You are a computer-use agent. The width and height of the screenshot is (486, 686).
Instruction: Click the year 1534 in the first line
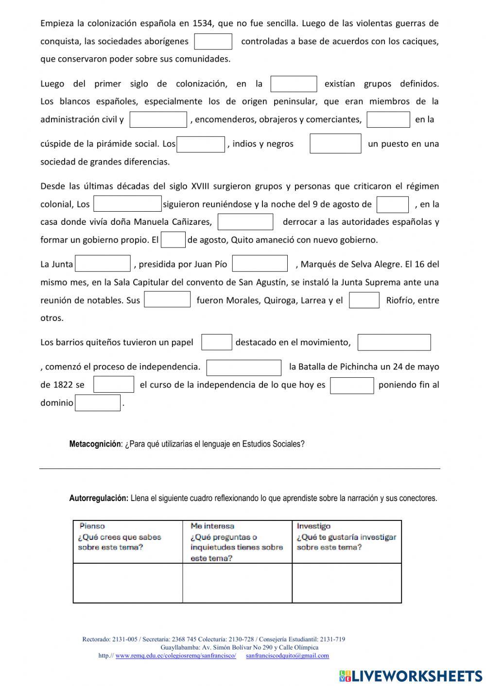[x=203, y=23]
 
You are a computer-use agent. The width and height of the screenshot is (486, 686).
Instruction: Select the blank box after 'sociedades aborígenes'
[x=213, y=41]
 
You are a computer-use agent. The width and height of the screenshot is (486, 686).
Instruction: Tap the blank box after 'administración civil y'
[x=158, y=119]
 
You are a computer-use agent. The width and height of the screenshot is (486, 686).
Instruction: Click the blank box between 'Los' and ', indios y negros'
[x=201, y=144]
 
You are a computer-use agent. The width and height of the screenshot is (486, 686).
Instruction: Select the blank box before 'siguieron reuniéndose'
[x=127, y=204]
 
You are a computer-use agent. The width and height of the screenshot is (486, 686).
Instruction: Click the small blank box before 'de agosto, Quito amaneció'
[x=173, y=240]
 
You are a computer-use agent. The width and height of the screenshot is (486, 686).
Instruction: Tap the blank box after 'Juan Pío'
[x=260, y=264]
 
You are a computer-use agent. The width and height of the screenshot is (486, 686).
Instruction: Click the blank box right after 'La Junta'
[x=103, y=264]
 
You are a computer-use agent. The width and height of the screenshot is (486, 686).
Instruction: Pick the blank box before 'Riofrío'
[x=364, y=300]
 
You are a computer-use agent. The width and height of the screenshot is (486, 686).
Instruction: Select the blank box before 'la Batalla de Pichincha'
[x=244, y=368]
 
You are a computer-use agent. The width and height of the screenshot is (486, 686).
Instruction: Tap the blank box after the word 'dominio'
[x=98, y=403]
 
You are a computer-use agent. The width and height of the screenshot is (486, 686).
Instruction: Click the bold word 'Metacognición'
[x=95, y=444]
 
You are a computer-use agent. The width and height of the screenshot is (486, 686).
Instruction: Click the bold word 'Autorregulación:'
[x=99, y=498]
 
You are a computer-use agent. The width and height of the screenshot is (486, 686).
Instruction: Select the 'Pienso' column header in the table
[x=92, y=526]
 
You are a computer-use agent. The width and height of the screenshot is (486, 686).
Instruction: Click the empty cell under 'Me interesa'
[x=237, y=583]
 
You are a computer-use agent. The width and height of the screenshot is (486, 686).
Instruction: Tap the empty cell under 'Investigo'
[x=347, y=583]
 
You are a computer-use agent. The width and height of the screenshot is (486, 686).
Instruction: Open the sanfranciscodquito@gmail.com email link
[x=287, y=655]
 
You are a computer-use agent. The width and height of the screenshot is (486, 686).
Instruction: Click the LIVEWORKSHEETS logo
[x=411, y=675]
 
